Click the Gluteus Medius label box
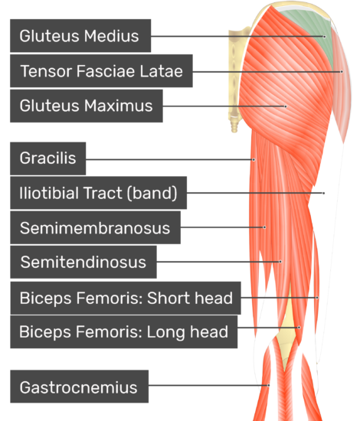tap(80, 36)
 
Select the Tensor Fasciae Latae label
tap(101, 71)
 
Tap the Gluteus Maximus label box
tap(87, 106)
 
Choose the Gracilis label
tap(47, 158)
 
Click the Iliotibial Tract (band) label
tap(98, 193)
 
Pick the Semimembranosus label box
tap(96, 227)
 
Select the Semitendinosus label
tap(83, 262)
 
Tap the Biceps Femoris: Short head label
tap(126, 298)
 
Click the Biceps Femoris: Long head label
tap(123, 332)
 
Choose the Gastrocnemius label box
tap(79, 387)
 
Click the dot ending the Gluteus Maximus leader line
tap(286, 106)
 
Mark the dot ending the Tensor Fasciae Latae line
tap(342, 72)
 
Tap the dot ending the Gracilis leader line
tap(254, 160)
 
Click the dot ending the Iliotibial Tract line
tap(324, 193)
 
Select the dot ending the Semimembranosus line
tap(264, 227)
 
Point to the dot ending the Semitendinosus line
tap(280, 262)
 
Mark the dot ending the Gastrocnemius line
tap(268, 385)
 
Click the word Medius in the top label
tap(112, 36)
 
